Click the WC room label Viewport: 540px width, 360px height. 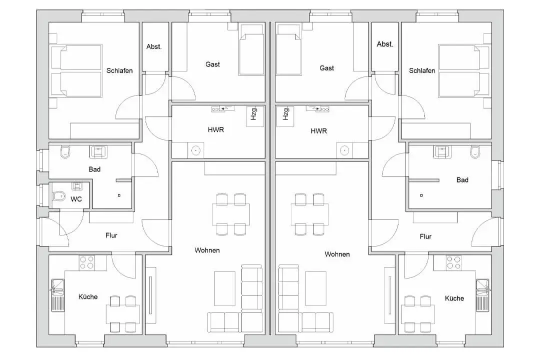coord(76,199)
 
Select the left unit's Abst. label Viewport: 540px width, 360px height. coord(154,47)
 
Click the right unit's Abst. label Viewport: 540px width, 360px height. coord(385,44)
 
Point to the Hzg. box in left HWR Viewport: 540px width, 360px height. coord(255,116)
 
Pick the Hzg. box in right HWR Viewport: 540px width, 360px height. coord(285,116)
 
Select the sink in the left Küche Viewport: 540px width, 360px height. coord(58,295)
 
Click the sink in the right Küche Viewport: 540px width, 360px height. coord(482,295)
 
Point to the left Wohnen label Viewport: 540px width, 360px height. coord(207,250)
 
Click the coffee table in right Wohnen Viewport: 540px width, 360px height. coord(315,288)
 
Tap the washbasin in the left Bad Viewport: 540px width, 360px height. coord(98,151)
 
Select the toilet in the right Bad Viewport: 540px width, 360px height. coord(475,152)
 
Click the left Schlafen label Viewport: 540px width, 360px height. coord(119,70)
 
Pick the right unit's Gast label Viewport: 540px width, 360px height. coord(327,68)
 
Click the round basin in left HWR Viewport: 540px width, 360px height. coord(195,150)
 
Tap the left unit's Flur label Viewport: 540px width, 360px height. coord(111,235)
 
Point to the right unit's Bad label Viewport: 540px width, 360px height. coord(462,180)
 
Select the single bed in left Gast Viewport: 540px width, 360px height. coord(251,49)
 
